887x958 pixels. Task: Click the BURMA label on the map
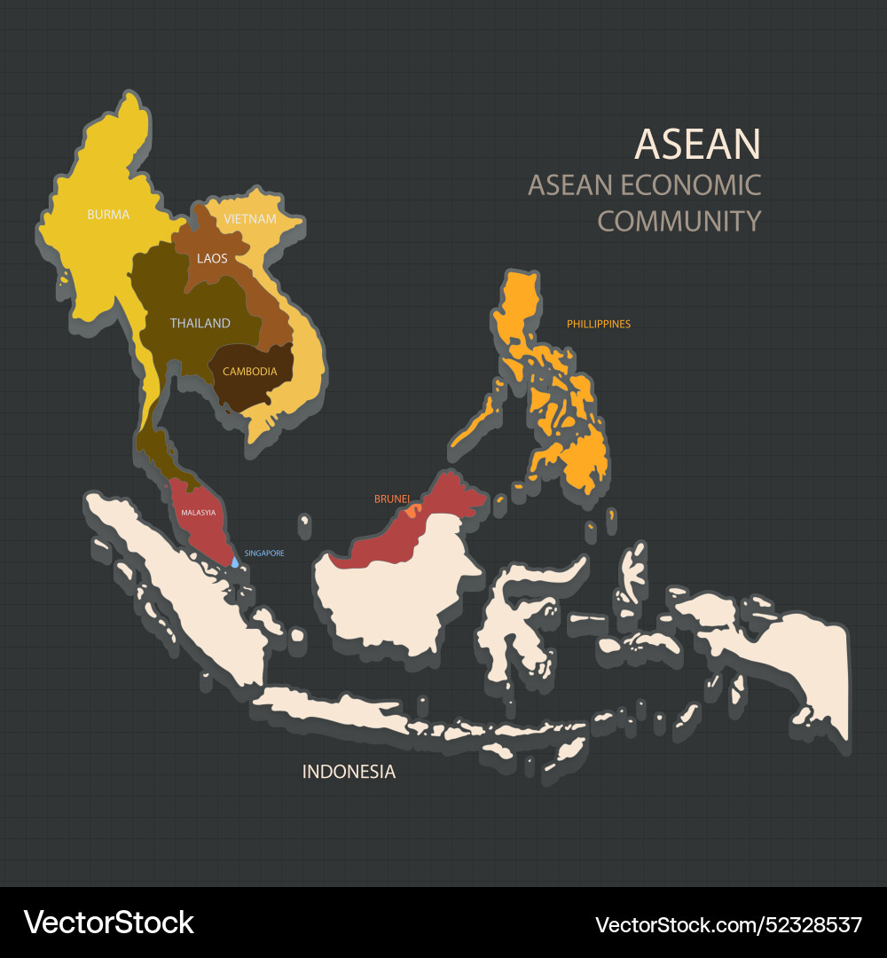[x=108, y=215]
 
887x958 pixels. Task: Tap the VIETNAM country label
[x=250, y=219]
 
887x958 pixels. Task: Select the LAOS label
[x=212, y=259]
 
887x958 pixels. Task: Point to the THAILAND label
[x=200, y=324]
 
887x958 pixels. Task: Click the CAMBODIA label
[x=250, y=372]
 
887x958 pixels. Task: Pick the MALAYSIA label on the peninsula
[x=199, y=513]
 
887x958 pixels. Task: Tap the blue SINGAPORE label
[x=264, y=554]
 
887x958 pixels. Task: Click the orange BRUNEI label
[x=392, y=499]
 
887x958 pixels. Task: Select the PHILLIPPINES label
[x=599, y=325]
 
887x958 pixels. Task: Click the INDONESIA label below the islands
[x=349, y=772]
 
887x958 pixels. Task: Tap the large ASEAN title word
[x=698, y=145]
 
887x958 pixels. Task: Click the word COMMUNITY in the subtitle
[x=679, y=221]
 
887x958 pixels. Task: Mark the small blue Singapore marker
[x=235, y=561]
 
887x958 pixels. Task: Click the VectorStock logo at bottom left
[x=109, y=923]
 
